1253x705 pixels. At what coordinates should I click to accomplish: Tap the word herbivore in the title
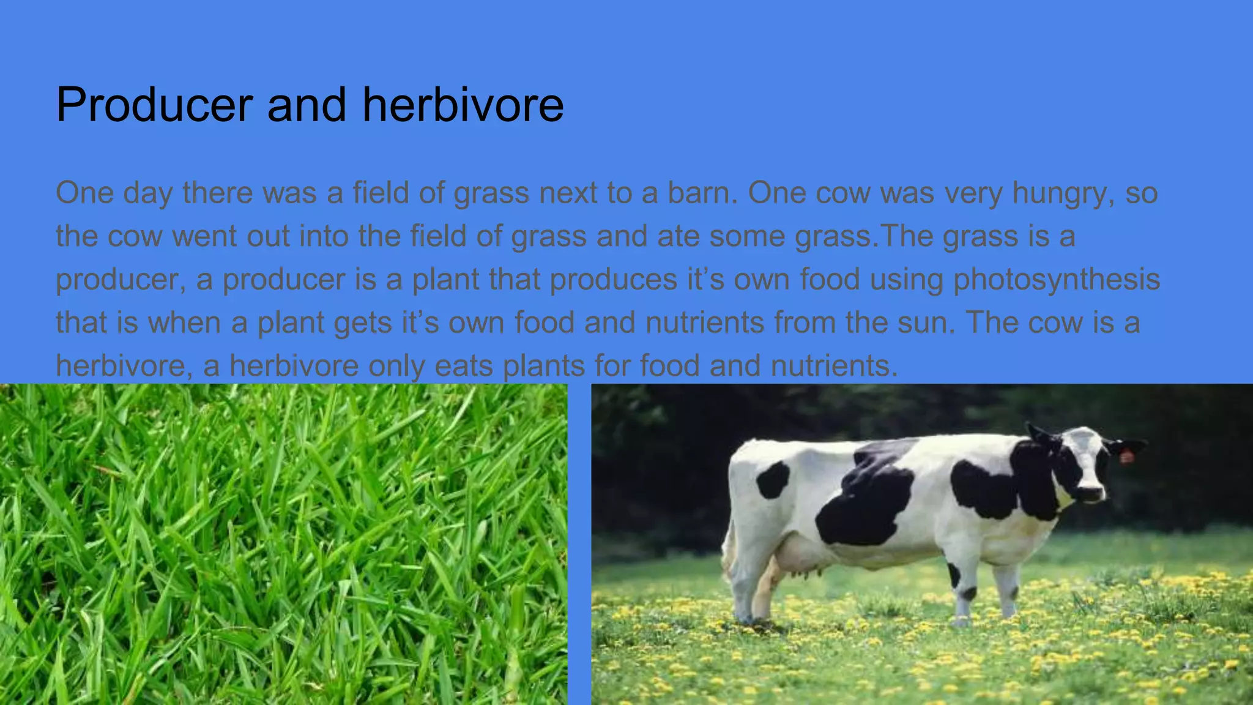pos(463,105)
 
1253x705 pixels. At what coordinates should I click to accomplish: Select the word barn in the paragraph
pos(697,193)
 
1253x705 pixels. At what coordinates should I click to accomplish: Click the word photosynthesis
pos(1057,280)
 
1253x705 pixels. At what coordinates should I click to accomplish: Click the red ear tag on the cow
pos(1126,455)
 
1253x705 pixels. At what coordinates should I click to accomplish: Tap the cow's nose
pos(1091,493)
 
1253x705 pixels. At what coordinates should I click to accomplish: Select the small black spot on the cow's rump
pos(773,479)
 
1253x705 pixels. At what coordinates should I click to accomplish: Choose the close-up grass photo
pos(283,544)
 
